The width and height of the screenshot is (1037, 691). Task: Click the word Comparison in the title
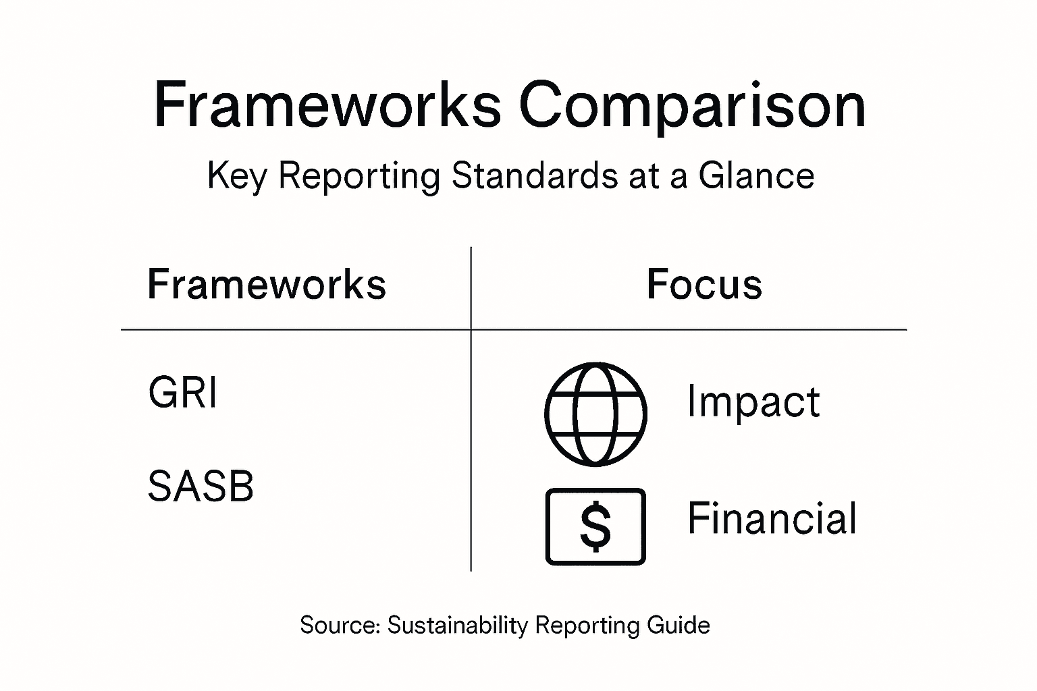click(692, 107)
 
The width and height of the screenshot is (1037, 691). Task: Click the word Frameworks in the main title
click(327, 105)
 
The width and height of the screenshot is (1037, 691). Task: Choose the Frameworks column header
click(267, 284)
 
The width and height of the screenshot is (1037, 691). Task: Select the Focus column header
click(704, 284)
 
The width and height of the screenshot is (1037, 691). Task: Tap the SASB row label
click(201, 486)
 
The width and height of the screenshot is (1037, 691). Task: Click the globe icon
click(595, 414)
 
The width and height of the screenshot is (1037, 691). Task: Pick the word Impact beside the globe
click(753, 402)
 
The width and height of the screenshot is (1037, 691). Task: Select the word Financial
click(772, 518)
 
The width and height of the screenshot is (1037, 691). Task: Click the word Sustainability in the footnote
click(457, 626)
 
